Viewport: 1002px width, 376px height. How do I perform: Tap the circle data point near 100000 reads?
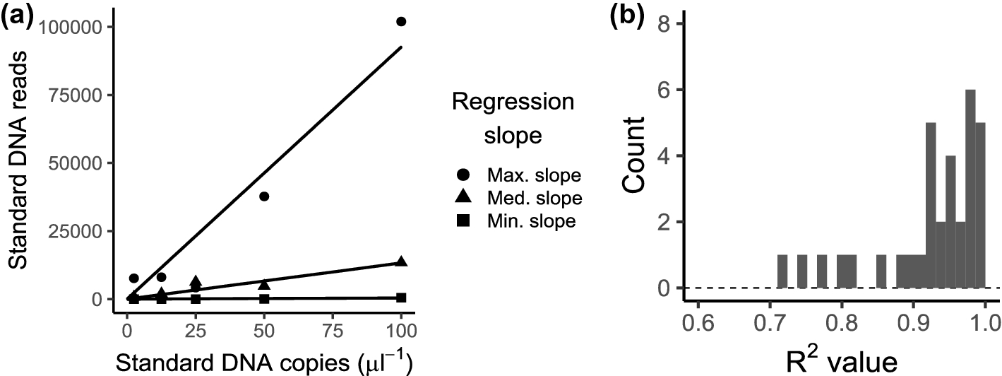tap(401, 22)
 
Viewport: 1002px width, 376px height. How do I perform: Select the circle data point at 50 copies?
tap(264, 196)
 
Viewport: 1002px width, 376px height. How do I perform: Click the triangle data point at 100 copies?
tap(401, 262)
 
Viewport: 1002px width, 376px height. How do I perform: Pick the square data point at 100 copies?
tap(401, 298)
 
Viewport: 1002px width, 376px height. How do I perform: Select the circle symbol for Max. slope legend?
tap(462, 174)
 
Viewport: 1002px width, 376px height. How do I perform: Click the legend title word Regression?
tap(513, 102)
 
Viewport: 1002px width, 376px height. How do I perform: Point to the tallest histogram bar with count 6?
tap(970, 189)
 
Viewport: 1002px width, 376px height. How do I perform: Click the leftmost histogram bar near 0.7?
tap(782, 271)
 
